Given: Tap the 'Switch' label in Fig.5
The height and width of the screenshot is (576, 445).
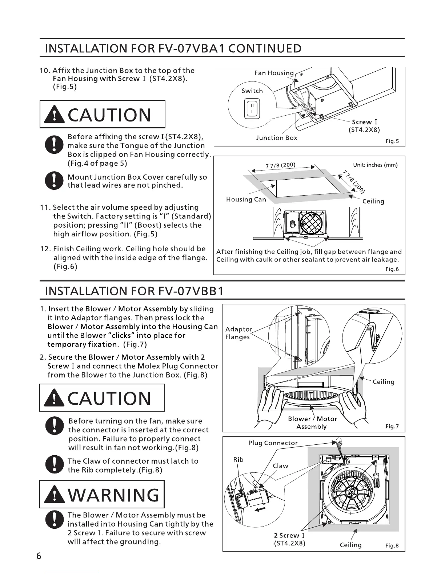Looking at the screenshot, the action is click(x=252, y=91).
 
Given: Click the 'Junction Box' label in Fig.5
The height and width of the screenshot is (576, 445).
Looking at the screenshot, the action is click(x=276, y=138).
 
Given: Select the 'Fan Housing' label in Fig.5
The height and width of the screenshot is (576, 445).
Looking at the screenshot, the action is click(x=274, y=73).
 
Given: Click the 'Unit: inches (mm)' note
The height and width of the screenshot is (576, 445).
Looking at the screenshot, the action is click(x=375, y=165).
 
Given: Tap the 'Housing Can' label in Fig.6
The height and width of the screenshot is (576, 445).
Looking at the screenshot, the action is click(x=246, y=200).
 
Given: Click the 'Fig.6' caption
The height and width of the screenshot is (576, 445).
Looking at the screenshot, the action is click(x=392, y=269).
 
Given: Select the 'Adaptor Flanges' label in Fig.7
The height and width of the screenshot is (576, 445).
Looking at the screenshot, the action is click(x=238, y=333).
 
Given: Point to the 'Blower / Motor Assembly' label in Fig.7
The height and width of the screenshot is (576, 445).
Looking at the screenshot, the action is click(x=312, y=423).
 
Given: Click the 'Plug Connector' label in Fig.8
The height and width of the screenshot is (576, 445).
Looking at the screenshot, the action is click(x=273, y=443).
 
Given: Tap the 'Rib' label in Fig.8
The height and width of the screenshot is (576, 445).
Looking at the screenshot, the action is click(x=238, y=460).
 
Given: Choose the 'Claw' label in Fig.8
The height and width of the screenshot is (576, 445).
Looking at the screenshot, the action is click(x=280, y=466).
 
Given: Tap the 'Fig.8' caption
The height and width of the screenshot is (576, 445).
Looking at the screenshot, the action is click(x=392, y=545).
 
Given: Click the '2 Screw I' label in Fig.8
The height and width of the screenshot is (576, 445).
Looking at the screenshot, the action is click(x=289, y=535).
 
